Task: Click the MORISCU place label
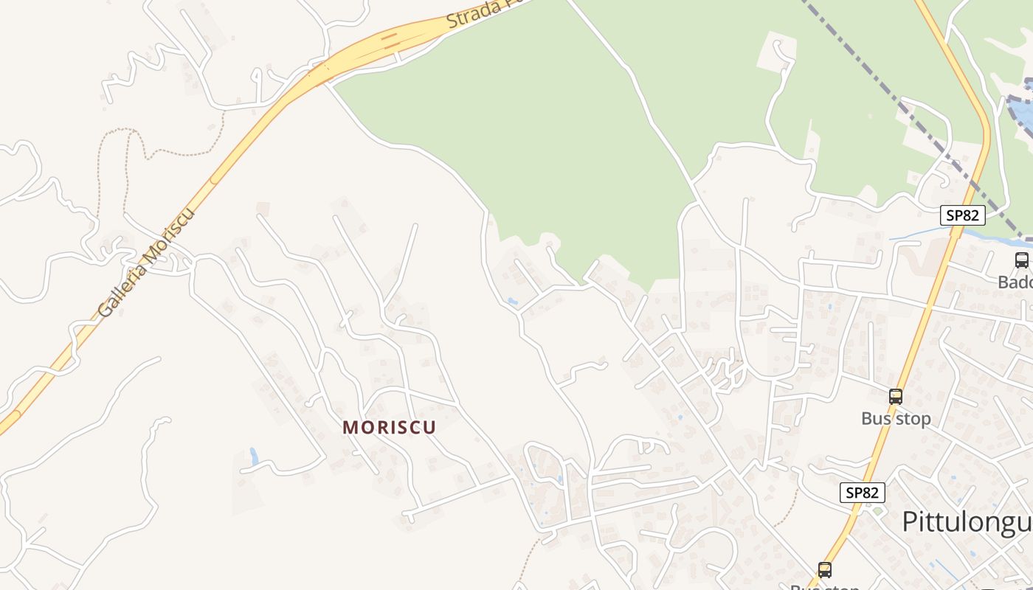[x=389, y=427]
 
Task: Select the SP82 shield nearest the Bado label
[x=963, y=215]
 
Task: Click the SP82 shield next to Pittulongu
[x=862, y=493]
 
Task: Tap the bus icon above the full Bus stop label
[x=896, y=397]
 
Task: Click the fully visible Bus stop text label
[x=896, y=419]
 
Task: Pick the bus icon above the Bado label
[x=1021, y=260]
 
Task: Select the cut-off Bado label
[x=1015, y=282]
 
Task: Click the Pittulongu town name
[x=967, y=521]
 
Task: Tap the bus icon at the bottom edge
[x=824, y=570]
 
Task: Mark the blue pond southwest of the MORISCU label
[x=254, y=457]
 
